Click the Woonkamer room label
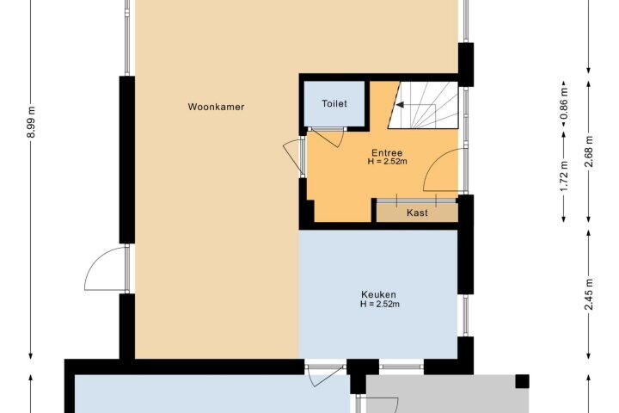click(x=216, y=107)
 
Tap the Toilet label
click(x=334, y=103)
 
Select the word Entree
click(x=387, y=152)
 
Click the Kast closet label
click(x=417, y=213)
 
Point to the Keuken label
click(x=378, y=294)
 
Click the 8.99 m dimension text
click(x=32, y=122)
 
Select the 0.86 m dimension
click(x=565, y=103)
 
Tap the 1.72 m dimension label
click(x=565, y=176)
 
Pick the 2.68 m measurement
click(x=589, y=151)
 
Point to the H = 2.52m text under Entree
click(x=387, y=161)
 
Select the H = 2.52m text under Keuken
click(x=380, y=304)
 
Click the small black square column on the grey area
click(x=523, y=381)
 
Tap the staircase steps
click(x=424, y=105)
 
